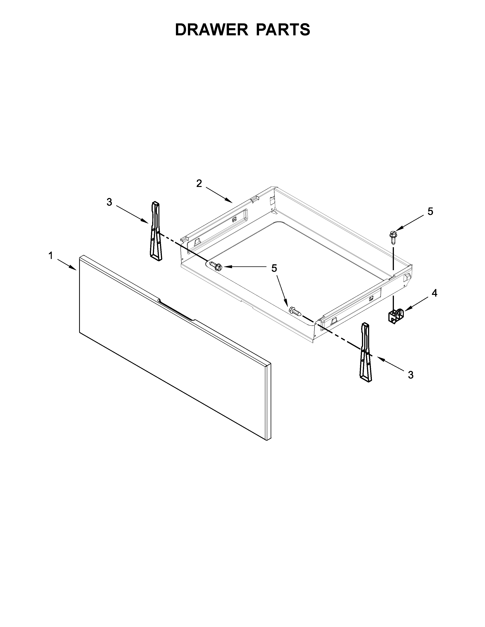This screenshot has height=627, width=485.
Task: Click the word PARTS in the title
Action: (x=283, y=30)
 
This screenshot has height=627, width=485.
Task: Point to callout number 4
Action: (x=434, y=293)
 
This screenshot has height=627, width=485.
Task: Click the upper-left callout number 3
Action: (x=109, y=202)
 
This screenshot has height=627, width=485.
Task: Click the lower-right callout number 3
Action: (x=411, y=375)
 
